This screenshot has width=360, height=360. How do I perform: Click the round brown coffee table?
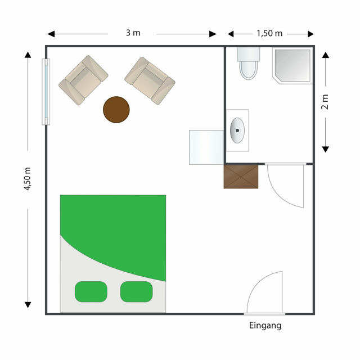pos(116,110)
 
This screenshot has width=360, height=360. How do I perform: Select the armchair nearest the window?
pos(83,80)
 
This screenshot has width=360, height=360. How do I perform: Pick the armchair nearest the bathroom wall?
pos(150,80)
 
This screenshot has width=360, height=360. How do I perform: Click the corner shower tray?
pos(292,65)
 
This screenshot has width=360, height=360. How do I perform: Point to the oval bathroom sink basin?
pos(237,130)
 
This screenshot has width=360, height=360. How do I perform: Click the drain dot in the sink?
pos(237,130)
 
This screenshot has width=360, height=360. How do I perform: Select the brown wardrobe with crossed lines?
pos(241,176)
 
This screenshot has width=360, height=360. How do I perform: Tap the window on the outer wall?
pos(46,92)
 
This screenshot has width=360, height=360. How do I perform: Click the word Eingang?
pos(265,326)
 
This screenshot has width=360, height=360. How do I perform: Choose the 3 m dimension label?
pos(133,33)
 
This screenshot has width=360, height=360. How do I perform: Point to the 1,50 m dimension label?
pos(269,34)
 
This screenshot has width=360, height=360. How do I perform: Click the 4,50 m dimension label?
pos(28,179)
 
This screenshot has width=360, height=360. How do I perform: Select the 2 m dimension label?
pos(325,102)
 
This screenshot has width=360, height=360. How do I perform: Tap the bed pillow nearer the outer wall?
pos(91,291)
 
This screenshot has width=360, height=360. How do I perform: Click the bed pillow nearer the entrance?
pos(136,291)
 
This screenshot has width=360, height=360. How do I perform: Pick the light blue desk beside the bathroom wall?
pos(206,147)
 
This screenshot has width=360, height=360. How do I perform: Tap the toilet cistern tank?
pos(248,54)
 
